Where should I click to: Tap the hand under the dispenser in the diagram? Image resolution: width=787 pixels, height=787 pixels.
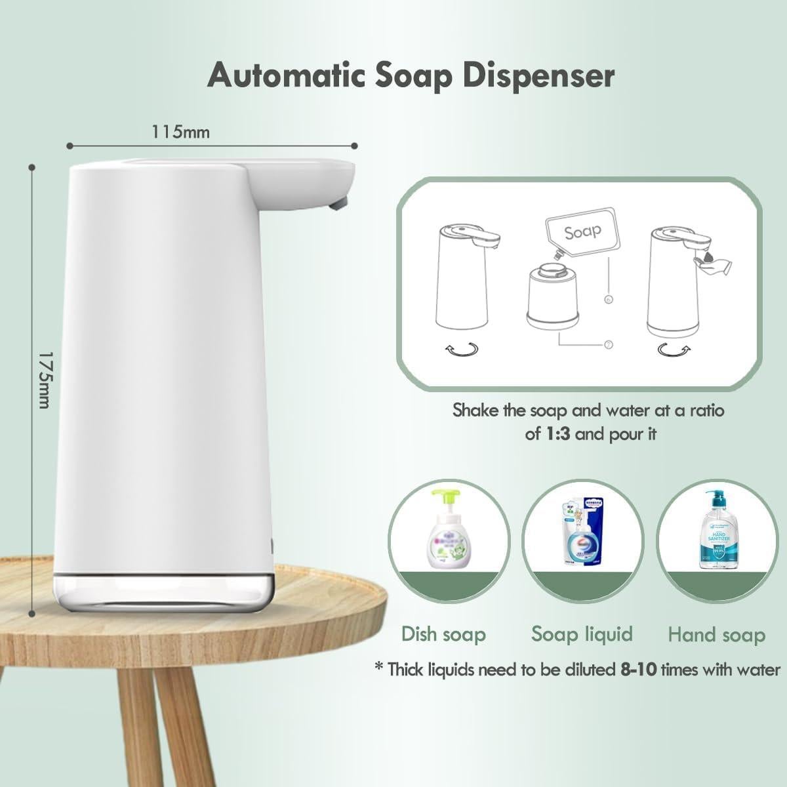pyautogui.click(x=714, y=264)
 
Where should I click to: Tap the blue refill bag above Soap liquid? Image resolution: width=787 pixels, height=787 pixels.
pyautogui.click(x=581, y=533)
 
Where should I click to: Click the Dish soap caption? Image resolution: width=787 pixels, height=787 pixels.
pyautogui.click(x=443, y=634)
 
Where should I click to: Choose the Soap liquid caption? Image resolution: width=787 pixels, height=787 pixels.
pyautogui.click(x=582, y=634)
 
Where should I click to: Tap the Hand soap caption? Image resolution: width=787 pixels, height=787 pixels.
pyautogui.click(x=716, y=635)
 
